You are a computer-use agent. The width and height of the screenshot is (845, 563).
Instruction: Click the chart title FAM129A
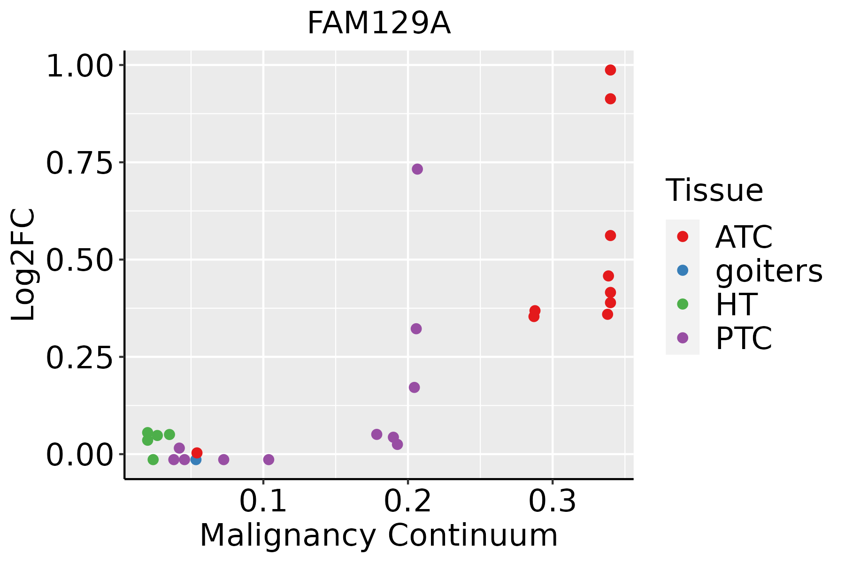coord(379,23)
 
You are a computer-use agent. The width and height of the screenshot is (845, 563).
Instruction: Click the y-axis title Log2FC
coord(23,265)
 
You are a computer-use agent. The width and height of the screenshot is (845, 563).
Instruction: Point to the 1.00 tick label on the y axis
coord(79,67)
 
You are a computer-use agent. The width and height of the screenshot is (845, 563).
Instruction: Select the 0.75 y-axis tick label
coord(79,164)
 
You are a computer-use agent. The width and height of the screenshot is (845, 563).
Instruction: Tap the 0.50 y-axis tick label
coord(79,261)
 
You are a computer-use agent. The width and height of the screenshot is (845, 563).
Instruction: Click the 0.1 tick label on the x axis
coord(263,502)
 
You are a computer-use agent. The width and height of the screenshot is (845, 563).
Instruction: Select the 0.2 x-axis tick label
coord(408,502)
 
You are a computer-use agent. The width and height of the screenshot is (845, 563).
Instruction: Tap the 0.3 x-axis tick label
coord(553,502)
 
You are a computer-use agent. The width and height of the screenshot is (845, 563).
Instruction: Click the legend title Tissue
coord(714,190)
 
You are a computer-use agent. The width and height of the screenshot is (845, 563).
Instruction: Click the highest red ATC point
coord(610,70)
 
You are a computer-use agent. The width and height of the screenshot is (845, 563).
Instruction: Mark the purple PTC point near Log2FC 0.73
coord(417,169)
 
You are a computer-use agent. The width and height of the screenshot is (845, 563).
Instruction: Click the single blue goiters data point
coord(196,459)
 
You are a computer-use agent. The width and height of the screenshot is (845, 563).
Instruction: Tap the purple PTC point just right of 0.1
coord(269,459)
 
